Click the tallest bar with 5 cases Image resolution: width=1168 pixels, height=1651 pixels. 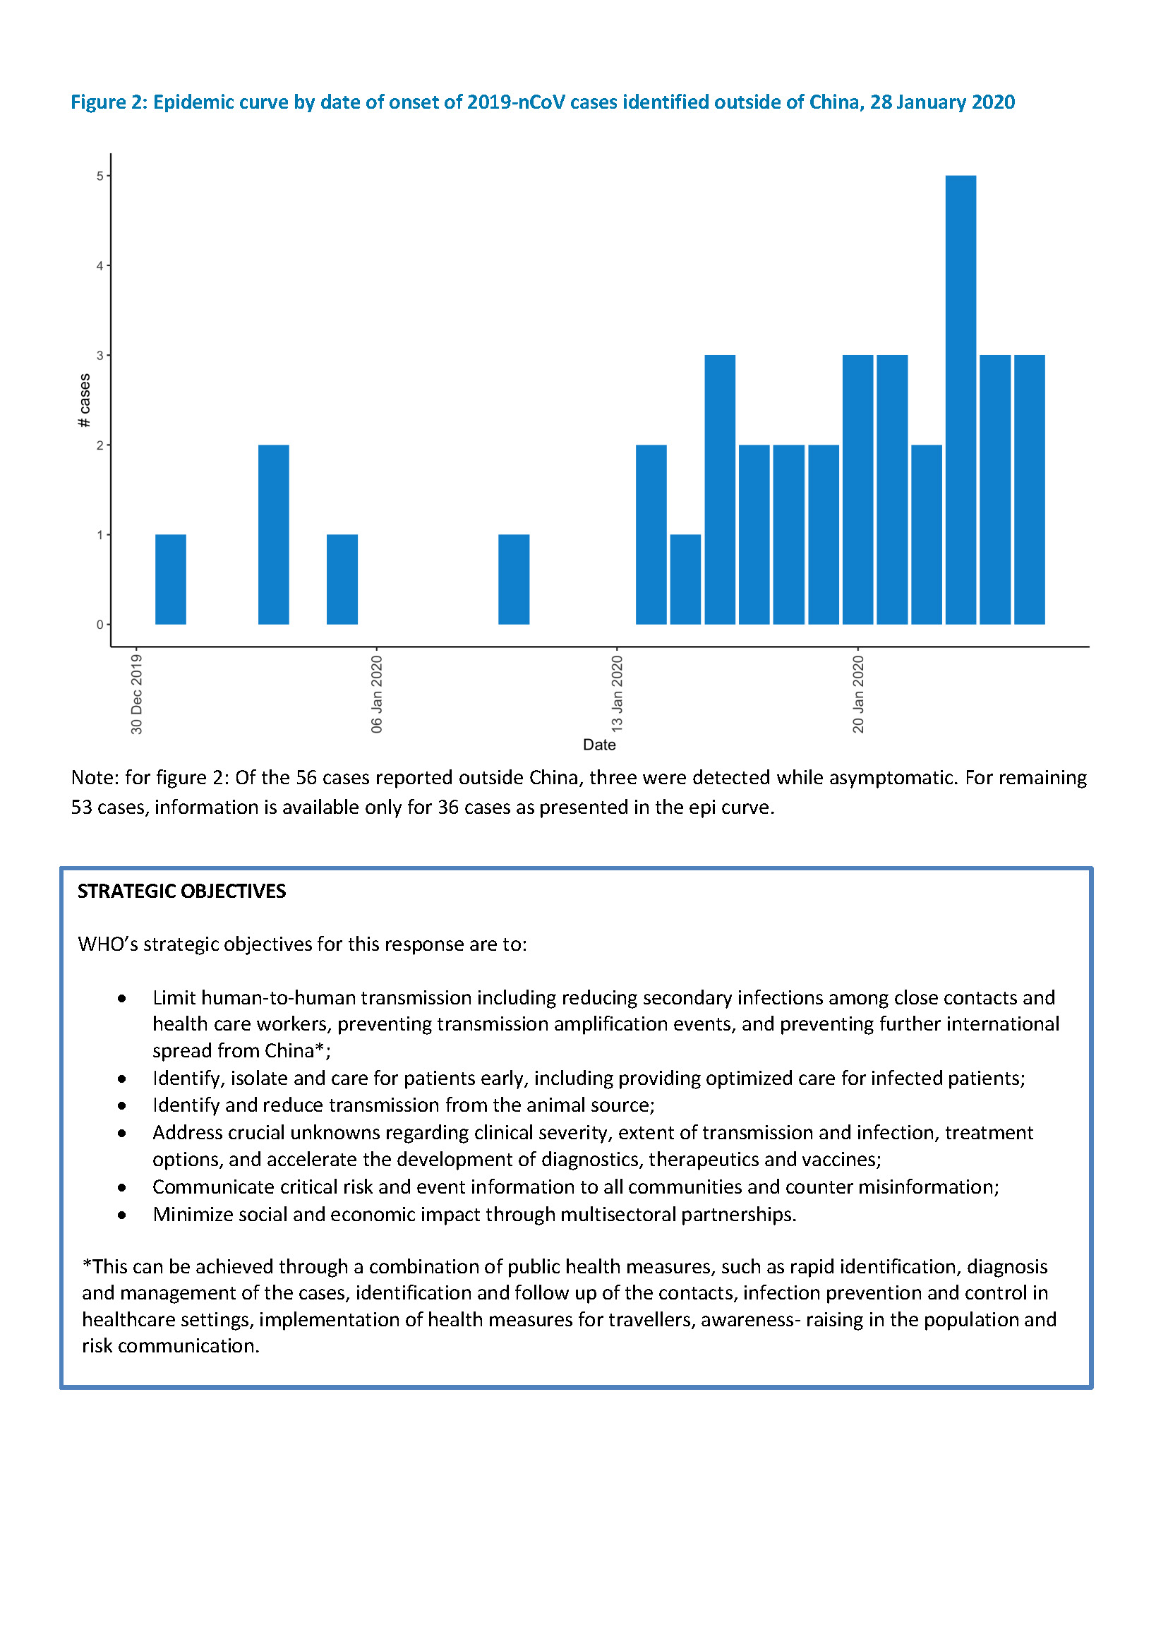[960, 400]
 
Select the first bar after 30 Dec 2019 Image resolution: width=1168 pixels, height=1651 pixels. [171, 579]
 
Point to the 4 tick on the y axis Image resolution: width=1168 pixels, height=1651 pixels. [100, 265]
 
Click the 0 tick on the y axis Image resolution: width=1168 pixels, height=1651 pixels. [100, 625]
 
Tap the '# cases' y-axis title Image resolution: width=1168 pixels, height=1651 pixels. [84, 400]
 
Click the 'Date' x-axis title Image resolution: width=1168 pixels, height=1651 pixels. [599, 745]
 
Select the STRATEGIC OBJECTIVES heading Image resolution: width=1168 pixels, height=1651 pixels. [181, 891]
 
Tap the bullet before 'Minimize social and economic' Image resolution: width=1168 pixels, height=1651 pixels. [122, 1215]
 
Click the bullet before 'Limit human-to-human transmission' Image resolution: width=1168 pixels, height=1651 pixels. [122, 999]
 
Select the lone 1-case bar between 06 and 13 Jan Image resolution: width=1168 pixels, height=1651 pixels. [514, 579]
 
